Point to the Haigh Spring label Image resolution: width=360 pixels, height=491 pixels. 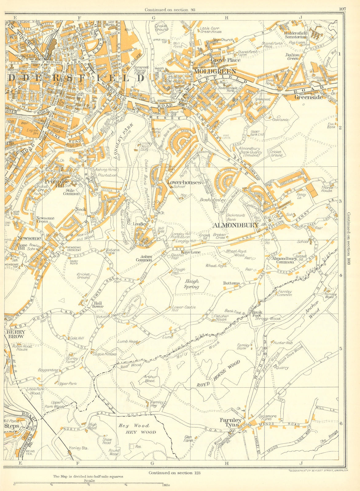192,284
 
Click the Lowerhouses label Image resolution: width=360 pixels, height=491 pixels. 184,182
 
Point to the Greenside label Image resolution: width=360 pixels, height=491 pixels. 308,97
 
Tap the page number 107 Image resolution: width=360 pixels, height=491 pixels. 342,9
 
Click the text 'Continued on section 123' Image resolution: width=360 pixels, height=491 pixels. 174,473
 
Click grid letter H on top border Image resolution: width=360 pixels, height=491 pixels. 226,17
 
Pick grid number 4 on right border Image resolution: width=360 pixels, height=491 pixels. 340,275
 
